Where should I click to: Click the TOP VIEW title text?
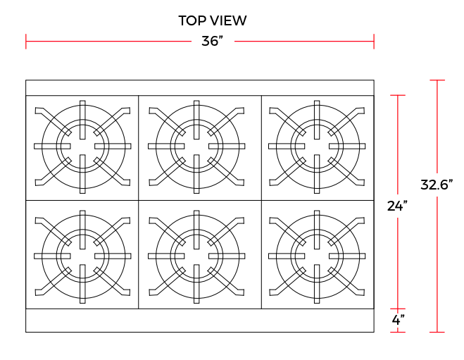(x=212, y=20)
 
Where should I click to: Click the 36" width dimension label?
(x=212, y=41)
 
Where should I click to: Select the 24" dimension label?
(x=398, y=206)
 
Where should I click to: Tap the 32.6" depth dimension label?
(x=437, y=185)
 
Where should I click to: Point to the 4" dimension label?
(x=398, y=319)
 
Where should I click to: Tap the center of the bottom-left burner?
(x=83, y=254)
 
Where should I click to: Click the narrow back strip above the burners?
(x=199, y=87)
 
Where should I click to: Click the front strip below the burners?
(x=199, y=320)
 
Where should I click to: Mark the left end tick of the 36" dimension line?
(x=26, y=42)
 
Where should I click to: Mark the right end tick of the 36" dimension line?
(x=373, y=42)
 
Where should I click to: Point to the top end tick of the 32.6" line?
(x=438, y=80)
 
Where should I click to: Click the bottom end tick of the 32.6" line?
(x=438, y=332)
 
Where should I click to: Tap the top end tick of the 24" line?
(x=399, y=95)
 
